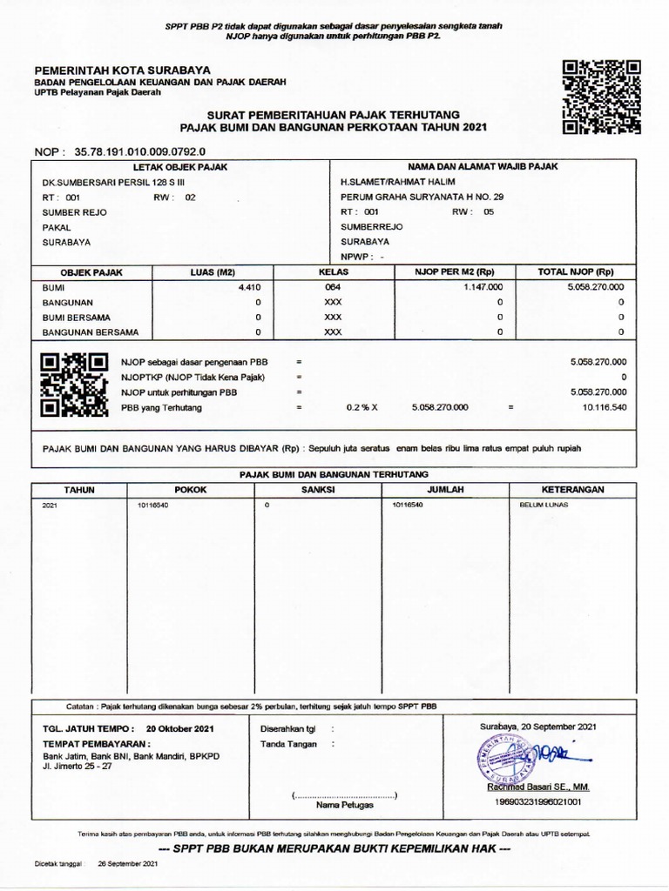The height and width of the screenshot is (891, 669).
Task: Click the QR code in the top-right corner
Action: [x=602, y=97]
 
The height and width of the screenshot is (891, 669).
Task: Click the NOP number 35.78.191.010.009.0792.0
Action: [x=134, y=151]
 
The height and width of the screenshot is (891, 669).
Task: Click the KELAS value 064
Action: [x=333, y=286]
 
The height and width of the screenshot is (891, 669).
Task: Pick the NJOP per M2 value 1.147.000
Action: [x=483, y=286]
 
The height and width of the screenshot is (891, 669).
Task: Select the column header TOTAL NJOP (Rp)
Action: [x=576, y=271]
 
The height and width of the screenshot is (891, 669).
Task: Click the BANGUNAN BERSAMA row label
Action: [x=91, y=332]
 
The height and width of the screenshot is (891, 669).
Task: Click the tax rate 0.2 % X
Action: [x=368, y=407]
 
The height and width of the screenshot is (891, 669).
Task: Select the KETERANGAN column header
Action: [x=572, y=490]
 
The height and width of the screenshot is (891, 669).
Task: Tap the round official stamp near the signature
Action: [x=502, y=758]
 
